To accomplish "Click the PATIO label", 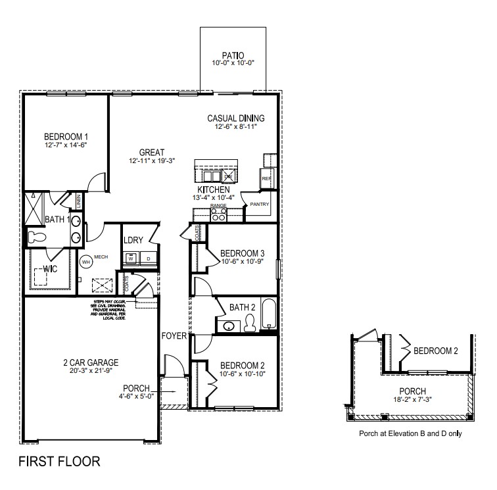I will point(233,55).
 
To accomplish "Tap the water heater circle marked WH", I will point(85,261).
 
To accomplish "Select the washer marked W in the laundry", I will point(131,259).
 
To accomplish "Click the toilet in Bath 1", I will point(35,235).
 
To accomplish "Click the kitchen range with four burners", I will point(218,214).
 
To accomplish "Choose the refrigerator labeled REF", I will point(266,178).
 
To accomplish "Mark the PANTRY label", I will point(260,205).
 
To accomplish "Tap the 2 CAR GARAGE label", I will point(91,362).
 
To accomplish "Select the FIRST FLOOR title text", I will point(59,461).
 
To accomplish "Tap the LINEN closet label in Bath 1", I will point(78,201).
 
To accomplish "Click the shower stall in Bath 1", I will point(32,208).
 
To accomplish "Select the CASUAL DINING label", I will point(236,118).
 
